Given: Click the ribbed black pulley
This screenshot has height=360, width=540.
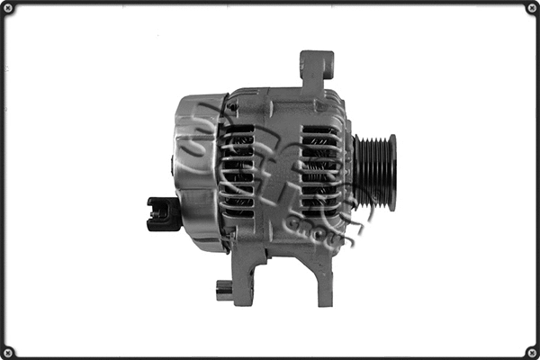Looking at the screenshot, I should coord(374,171).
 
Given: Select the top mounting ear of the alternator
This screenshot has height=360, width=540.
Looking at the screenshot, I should coord(316,70).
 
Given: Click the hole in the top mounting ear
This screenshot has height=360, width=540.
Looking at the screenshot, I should coord(317,64).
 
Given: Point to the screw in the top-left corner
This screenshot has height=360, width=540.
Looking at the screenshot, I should coord(9,9).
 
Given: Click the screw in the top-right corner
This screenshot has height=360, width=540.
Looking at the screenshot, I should coord(531,9).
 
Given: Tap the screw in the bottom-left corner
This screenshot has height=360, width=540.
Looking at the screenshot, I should coord(9,351).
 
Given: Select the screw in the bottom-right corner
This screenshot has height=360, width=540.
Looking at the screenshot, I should coord(531,351).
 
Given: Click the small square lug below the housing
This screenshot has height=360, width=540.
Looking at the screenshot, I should coord(224,290).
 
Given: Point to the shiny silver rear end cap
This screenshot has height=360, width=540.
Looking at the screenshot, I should coord(193,171).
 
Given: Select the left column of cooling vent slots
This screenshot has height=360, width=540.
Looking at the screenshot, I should coord(238,171).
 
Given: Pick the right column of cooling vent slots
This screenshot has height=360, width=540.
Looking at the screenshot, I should coord(319,171).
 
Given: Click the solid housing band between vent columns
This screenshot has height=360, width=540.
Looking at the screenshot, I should coord(279,171).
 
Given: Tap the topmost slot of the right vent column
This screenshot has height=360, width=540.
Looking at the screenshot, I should coord(319,130).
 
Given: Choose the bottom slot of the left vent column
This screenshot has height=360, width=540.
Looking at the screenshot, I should coord(238,212).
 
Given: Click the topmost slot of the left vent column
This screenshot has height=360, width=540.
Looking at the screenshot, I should coord(238,130).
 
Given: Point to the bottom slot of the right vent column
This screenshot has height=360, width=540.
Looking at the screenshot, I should coord(319,212).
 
